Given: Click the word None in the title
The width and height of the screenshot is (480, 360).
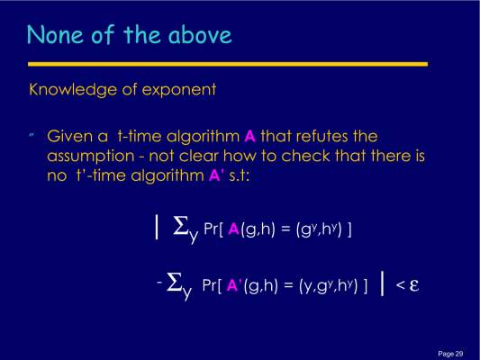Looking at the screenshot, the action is click(x=55, y=34).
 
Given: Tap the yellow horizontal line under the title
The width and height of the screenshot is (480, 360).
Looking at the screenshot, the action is click(x=228, y=64).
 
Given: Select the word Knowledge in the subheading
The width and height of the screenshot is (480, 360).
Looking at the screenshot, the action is click(x=73, y=90).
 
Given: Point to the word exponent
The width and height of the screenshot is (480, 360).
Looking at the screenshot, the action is click(x=179, y=91).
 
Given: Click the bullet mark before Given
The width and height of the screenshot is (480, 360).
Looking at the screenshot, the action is click(x=32, y=135).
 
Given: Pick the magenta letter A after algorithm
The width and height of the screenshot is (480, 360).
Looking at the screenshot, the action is click(x=250, y=137).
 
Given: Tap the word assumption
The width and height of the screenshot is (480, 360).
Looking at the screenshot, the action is click(x=91, y=157).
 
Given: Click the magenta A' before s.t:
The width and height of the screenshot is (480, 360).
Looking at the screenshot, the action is click(x=216, y=175).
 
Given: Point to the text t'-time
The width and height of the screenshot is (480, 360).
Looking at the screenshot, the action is click(x=101, y=175).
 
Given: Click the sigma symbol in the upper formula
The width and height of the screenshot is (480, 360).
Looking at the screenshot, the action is click(x=181, y=226).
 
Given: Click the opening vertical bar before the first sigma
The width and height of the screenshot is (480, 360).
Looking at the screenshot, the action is click(x=157, y=227).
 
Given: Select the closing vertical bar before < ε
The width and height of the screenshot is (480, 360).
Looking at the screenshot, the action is click(x=382, y=283).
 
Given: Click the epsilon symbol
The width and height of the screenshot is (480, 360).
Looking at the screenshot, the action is click(x=414, y=285).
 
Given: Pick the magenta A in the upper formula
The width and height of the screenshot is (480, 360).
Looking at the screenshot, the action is click(x=233, y=229).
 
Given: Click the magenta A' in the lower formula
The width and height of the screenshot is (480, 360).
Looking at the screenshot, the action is click(x=234, y=285).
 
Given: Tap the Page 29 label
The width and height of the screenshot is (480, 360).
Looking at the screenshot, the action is click(x=450, y=354).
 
